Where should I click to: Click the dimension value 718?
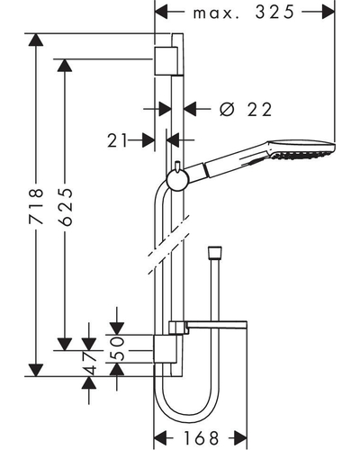click(x=36, y=206)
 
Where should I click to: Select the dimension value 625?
click(x=65, y=207)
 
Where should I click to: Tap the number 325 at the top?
click(x=274, y=13)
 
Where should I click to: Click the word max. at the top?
click(x=216, y=14)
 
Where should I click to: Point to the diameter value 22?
click(x=260, y=110)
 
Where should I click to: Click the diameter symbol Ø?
click(x=227, y=109)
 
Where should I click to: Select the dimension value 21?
click(x=117, y=140)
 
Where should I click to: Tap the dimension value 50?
click(x=117, y=348)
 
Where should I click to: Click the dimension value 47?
click(x=89, y=363)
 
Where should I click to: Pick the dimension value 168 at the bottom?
click(x=201, y=438)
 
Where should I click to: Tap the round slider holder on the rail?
click(x=177, y=181)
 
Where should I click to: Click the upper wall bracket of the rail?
click(x=166, y=61)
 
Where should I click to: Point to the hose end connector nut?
click(x=215, y=252)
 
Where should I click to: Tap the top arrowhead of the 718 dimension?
click(x=36, y=40)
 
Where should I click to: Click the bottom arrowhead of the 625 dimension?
click(x=65, y=345)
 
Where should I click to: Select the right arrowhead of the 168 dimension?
click(x=240, y=438)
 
